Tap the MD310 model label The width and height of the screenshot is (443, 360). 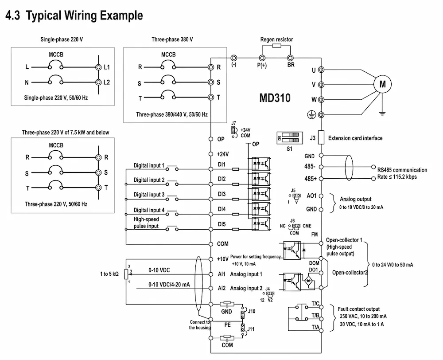point(275,98)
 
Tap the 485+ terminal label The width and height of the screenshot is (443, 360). point(310,179)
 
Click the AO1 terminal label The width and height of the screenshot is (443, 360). point(312,196)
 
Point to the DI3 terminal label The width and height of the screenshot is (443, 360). point(221,194)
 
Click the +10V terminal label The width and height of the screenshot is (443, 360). point(222,259)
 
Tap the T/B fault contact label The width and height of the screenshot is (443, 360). point(315,315)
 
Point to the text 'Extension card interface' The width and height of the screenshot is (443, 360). point(355,138)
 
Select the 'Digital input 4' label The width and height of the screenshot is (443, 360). point(149,210)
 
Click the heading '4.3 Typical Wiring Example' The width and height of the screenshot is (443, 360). point(74,16)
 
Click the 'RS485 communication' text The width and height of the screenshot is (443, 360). point(402,170)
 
